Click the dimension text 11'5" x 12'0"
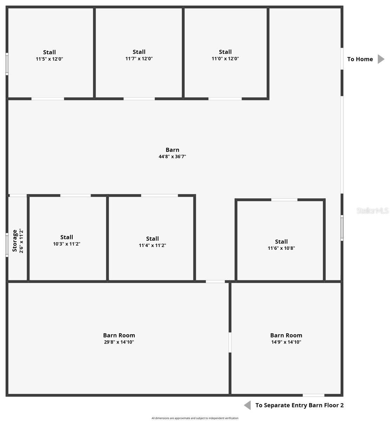point(49,59)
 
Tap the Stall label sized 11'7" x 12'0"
point(139,52)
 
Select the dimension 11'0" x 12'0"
point(225,59)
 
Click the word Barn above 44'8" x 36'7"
point(172,150)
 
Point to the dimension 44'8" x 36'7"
point(172,156)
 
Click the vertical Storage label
point(15,241)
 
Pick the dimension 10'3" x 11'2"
point(67,244)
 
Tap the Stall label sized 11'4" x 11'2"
point(152,239)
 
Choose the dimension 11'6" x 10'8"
point(282,248)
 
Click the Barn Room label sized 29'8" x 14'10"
point(119,335)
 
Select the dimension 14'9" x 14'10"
point(286,342)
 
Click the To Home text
point(360,59)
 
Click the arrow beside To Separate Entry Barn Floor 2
point(247,405)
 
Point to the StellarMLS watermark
point(372,210)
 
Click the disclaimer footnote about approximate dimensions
point(195,418)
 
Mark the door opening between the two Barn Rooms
point(230,342)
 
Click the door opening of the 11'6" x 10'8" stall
point(284,200)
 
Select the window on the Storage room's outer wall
point(7,245)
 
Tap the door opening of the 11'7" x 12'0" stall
point(139,99)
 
